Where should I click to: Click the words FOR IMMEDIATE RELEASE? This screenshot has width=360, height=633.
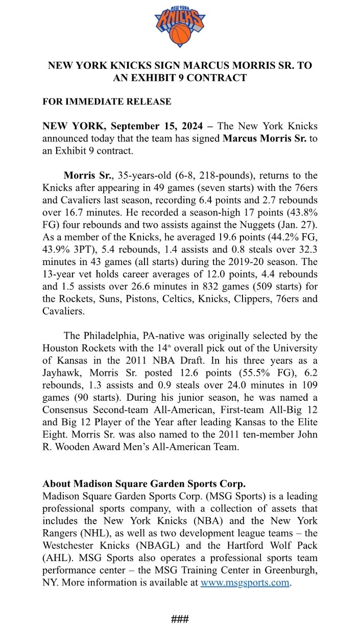(x=107, y=102)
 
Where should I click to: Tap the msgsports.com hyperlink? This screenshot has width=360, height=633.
(x=245, y=583)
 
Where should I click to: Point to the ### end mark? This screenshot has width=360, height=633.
(x=180, y=619)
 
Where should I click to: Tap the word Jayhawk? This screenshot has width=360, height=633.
(x=62, y=373)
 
